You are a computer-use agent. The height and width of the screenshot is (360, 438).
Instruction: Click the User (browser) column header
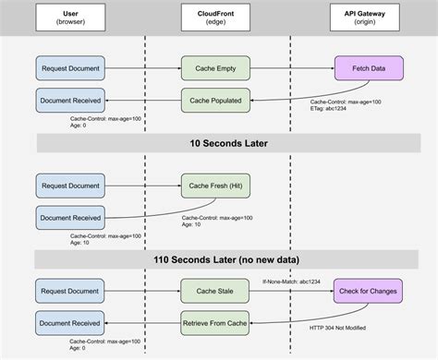(73, 18)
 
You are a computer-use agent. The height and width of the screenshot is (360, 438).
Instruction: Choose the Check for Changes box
(368, 292)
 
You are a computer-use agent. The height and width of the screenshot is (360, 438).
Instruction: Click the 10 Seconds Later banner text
(218, 142)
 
